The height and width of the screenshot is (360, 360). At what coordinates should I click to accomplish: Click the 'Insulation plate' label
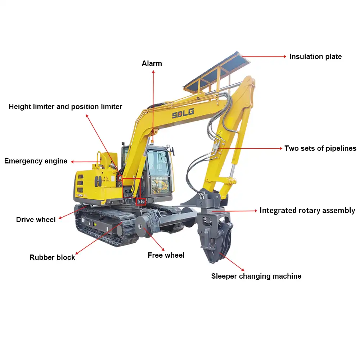[x=315, y=57]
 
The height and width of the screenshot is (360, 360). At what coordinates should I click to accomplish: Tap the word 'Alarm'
[x=152, y=63]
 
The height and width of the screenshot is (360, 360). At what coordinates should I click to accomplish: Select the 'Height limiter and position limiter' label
[x=66, y=107]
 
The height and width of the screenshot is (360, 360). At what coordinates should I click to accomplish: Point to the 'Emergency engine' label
[x=36, y=161]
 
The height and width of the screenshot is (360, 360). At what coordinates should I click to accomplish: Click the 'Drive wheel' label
[x=36, y=220]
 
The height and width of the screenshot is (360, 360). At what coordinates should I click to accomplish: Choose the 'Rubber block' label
[x=52, y=257]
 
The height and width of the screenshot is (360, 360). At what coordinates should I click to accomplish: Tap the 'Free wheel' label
[x=166, y=255]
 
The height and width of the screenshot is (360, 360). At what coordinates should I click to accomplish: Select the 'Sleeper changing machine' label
[x=256, y=276]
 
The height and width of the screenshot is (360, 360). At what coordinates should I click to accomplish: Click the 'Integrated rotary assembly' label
[x=307, y=211]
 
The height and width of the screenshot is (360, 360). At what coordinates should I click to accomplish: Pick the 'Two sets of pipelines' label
[x=320, y=149]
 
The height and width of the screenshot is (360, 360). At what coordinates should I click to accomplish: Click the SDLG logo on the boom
[x=183, y=113]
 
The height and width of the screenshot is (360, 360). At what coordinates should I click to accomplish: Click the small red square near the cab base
[x=140, y=201]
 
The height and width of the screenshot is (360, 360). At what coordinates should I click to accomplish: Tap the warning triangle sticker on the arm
[x=220, y=133]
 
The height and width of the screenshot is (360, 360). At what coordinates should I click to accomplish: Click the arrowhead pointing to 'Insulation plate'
[x=285, y=57]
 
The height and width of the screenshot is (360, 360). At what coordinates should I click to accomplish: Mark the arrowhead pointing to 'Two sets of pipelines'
[x=280, y=148]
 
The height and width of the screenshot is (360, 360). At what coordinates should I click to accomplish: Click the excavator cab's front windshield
[x=158, y=170]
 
